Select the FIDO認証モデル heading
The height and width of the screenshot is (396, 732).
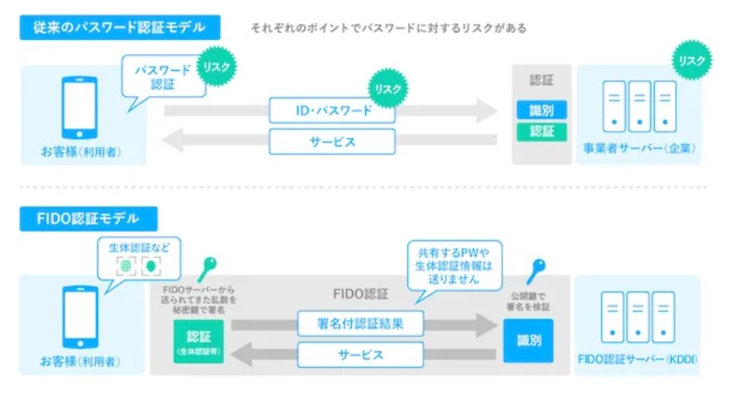88,218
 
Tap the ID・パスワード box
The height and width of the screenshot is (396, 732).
332,110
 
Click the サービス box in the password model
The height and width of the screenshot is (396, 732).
332,141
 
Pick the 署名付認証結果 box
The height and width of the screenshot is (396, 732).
359,323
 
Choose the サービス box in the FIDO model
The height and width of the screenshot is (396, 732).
359,353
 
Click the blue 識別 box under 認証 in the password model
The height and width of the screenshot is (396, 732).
542,110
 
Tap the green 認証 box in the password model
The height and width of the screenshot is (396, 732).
542,131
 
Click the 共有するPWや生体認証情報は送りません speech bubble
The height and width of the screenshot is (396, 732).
453,263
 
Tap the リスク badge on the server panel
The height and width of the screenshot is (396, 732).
690,60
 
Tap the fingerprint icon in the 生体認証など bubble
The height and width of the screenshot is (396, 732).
125,267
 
